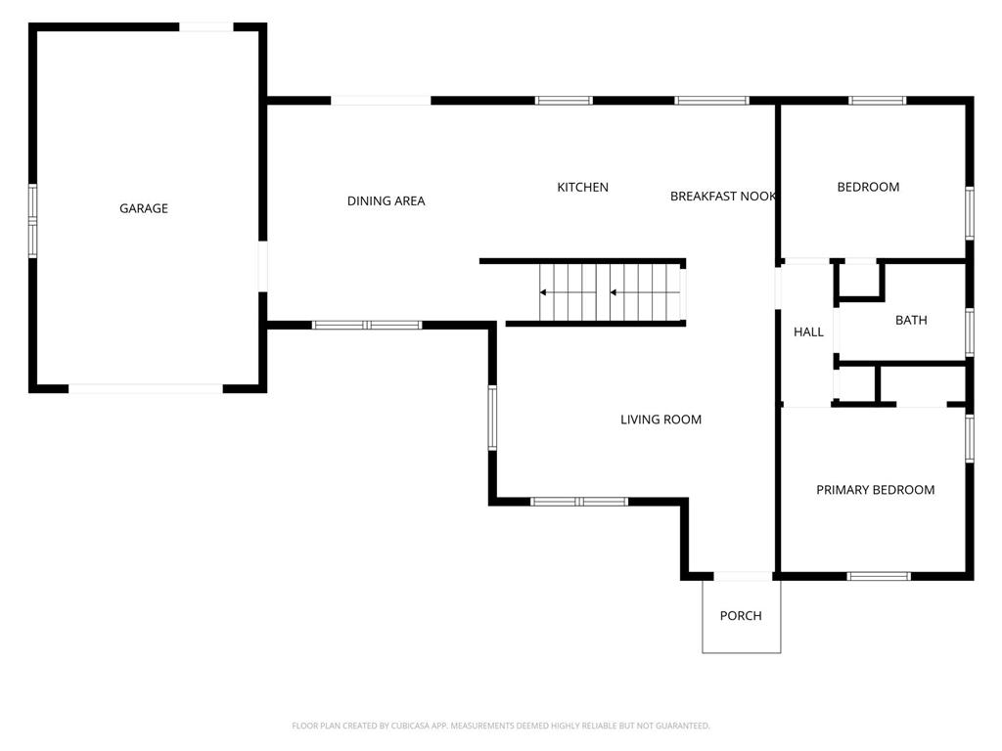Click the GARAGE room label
(x=144, y=208)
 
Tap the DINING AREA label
(x=386, y=201)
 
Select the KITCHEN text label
(x=583, y=187)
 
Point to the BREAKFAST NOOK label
(x=723, y=196)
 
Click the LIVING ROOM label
(x=660, y=420)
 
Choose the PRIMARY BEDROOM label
(x=876, y=490)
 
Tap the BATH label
(x=911, y=320)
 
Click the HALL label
(x=808, y=332)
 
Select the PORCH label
(x=741, y=616)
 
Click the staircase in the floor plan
(x=613, y=292)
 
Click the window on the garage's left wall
(x=32, y=221)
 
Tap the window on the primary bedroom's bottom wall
(x=880, y=576)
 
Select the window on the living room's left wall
(x=492, y=418)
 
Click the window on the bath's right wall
(x=970, y=332)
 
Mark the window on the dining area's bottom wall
(x=367, y=325)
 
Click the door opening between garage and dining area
(x=262, y=266)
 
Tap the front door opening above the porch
(x=744, y=576)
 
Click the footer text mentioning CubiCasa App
(x=501, y=726)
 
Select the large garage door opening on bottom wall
(x=146, y=388)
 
